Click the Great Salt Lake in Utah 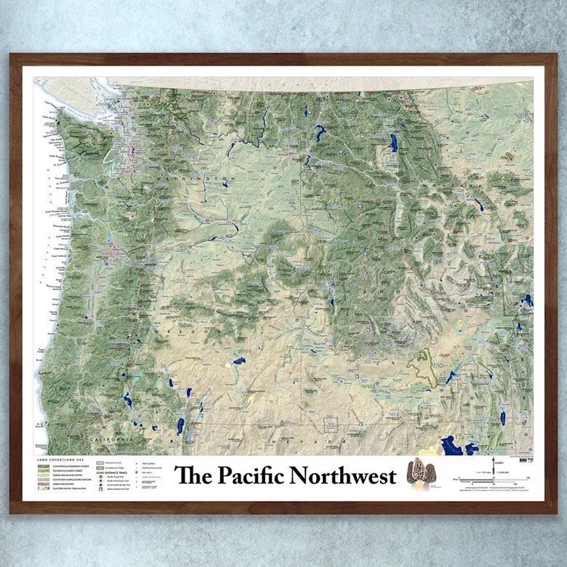click(456, 446)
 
